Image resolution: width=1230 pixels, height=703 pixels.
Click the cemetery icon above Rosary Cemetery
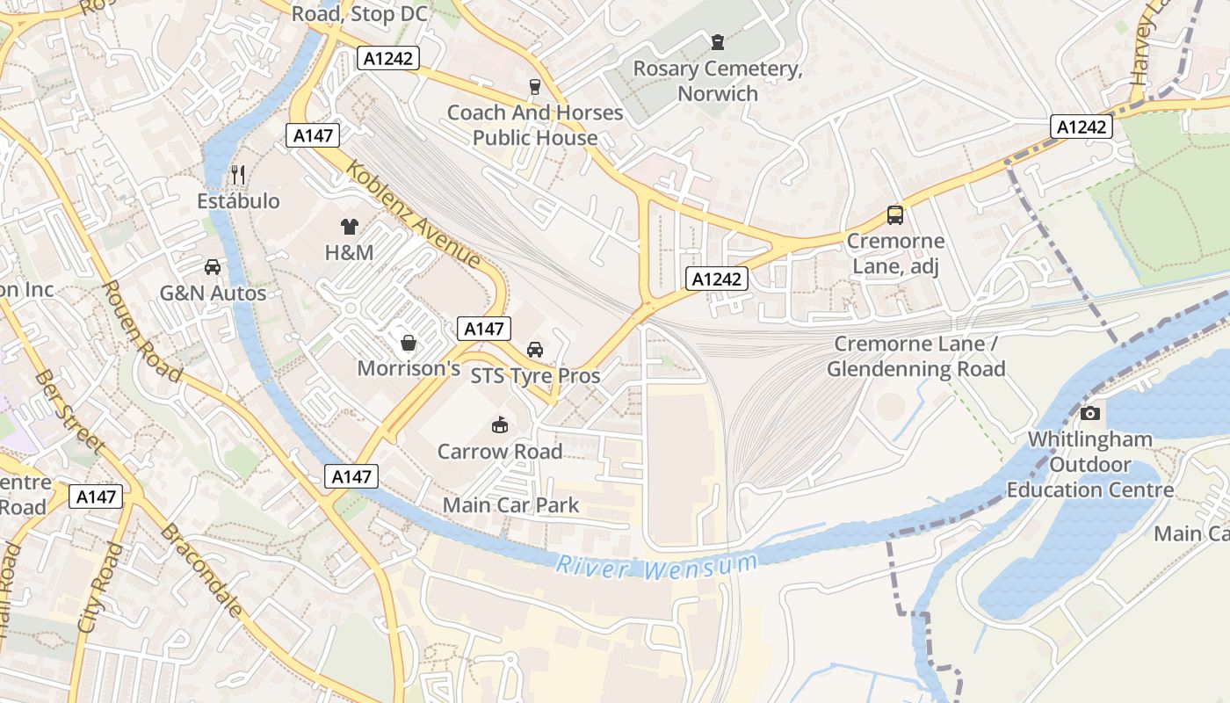coord(718,41)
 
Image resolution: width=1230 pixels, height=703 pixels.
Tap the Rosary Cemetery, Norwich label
coord(718,81)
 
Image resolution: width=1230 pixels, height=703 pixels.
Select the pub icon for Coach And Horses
coord(533,85)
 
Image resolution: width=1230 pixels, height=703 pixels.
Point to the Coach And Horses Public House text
coord(535,125)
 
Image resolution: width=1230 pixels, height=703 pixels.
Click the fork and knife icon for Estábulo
coord(237,174)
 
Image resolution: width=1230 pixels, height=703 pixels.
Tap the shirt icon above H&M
coord(350,226)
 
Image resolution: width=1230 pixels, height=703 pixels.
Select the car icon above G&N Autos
coord(212,266)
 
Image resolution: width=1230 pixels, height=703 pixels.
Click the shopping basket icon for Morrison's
coord(409,342)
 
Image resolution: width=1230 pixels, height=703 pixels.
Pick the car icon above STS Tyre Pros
coord(535,350)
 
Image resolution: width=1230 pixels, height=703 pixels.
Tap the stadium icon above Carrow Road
coord(500,425)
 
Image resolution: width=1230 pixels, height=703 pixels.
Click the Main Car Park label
coord(510,505)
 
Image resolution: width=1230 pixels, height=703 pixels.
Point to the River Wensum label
coord(656,567)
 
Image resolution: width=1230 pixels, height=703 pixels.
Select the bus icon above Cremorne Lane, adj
coord(895,214)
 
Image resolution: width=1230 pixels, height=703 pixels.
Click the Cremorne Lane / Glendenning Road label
coord(916,357)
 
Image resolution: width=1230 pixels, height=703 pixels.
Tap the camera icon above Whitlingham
coord(1089,413)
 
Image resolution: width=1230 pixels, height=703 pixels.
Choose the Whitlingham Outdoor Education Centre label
coord(1089,464)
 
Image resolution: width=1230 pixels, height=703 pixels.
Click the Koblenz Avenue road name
coord(414,214)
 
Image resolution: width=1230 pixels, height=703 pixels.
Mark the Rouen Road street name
coord(141,331)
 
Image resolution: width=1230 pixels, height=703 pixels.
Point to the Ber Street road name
coord(69,413)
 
